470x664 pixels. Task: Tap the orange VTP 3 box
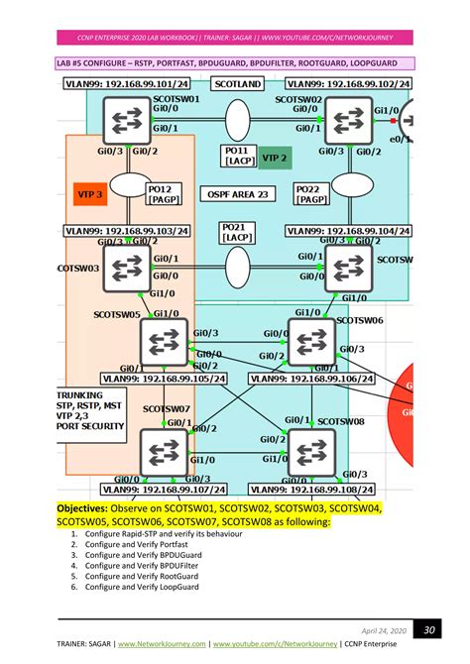(91, 194)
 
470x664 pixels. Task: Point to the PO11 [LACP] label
(238, 157)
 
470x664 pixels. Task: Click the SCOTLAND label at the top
(238, 85)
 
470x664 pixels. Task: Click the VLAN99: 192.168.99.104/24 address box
(349, 230)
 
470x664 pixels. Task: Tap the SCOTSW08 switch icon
(311, 452)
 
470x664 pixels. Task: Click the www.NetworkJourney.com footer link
(163, 643)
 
